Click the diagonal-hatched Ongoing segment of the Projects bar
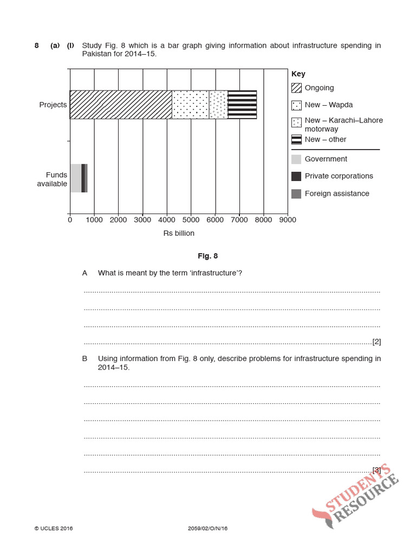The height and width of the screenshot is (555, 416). pos(121,105)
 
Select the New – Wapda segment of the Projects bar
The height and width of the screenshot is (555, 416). pos(190,105)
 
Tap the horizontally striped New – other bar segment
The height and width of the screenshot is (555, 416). pos(242,105)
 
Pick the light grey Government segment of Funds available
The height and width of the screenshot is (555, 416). pos(75,178)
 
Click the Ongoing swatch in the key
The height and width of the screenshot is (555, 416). pos(296,88)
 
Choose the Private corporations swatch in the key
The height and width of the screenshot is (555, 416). pos(296,176)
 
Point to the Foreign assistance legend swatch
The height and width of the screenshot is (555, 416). pos(296,193)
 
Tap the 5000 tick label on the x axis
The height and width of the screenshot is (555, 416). pos(191,220)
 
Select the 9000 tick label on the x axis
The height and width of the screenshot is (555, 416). pos(287,220)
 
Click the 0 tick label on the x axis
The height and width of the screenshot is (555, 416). pos(70,220)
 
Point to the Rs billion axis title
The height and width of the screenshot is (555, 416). pos(179,234)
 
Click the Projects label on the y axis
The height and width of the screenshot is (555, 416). pos(53,105)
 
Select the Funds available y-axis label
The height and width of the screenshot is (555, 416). pos(53,179)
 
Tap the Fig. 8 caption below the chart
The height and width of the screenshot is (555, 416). pos(207,256)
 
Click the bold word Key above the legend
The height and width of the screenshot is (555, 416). pos(298,74)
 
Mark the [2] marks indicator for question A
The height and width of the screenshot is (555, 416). pos(376,341)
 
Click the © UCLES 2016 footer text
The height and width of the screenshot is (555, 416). pos(54,528)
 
